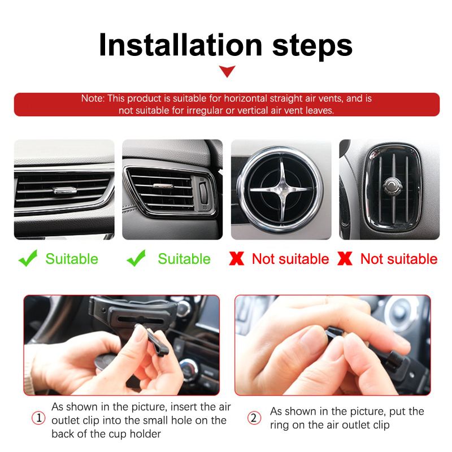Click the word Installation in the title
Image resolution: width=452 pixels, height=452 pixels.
click(180, 45)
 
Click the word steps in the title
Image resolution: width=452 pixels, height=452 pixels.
click(312, 46)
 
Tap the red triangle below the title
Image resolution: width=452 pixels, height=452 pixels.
click(227, 71)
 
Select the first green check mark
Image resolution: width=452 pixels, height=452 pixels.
click(28, 258)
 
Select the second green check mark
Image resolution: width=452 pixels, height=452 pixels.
click(136, 258)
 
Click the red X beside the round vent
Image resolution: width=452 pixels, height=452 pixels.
click(237, 258)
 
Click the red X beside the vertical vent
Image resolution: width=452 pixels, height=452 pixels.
click(345, 258)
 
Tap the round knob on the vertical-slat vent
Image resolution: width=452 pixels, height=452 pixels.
click(392, 185)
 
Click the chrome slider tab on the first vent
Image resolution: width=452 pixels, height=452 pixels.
click(65, 190)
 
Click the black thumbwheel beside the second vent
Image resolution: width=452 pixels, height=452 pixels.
click(203, 193)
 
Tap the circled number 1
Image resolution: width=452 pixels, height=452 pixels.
click(38, 418)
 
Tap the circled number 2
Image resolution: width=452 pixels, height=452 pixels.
click(254, 418)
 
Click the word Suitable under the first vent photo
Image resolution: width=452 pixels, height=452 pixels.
click(72, 259)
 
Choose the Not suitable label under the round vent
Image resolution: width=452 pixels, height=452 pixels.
click(290, 259)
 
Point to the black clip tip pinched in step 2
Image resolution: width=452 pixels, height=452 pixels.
click(334, 332)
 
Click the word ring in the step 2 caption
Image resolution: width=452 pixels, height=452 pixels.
click(279, 425)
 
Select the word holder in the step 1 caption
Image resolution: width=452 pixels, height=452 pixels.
click(145, 433)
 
